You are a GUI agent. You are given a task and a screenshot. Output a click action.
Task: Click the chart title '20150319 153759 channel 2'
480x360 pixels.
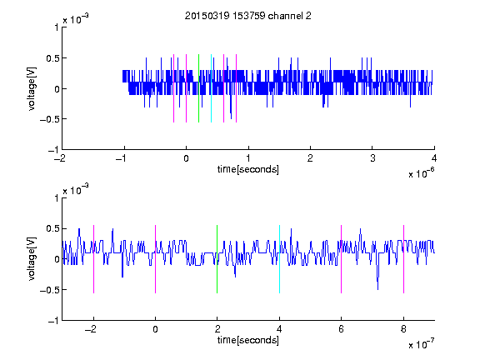pos(248,16)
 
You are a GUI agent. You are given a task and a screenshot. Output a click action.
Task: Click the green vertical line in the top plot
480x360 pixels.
pos(198,88)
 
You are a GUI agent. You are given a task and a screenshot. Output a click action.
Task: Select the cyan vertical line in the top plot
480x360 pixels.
pos(211,88)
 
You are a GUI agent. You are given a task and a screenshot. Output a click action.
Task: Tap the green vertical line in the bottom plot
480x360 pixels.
pos(217,259)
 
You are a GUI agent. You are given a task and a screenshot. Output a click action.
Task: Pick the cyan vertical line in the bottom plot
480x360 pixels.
pos(279,259)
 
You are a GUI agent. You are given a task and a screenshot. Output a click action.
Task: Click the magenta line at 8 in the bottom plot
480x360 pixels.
pos(403,259)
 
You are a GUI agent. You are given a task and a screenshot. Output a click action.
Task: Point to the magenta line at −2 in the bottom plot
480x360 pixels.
pos(93,259)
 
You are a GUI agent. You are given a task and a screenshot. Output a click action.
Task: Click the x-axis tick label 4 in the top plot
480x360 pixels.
pos(434,158)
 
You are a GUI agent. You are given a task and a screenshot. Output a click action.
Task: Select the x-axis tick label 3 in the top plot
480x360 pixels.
pos(372,158)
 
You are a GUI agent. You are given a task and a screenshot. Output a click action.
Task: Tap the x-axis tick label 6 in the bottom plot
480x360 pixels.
pos(342,329)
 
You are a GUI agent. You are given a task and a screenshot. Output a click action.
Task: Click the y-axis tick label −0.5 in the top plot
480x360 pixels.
pos(49,119)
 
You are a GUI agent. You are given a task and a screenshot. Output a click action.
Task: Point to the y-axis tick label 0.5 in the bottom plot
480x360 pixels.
pos(52,228)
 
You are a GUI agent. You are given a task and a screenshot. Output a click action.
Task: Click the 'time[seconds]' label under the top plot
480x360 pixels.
pos(248,169)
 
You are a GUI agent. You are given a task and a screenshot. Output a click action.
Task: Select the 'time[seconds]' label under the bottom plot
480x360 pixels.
pos(248,340)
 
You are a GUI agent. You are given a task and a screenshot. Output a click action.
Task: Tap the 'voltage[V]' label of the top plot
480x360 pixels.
pos(32,88)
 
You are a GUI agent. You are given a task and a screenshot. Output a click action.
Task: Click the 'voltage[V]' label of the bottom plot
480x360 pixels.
pos(32,259)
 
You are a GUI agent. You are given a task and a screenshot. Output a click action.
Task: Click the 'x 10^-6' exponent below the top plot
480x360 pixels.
pos(422,173)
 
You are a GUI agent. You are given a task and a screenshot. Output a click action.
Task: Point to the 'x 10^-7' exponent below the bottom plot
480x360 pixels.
pos(422,344)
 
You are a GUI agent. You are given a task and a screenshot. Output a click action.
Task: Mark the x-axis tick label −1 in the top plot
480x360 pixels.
pos(121,158)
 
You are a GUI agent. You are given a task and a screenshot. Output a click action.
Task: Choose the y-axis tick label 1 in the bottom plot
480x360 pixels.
pos(57,198)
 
